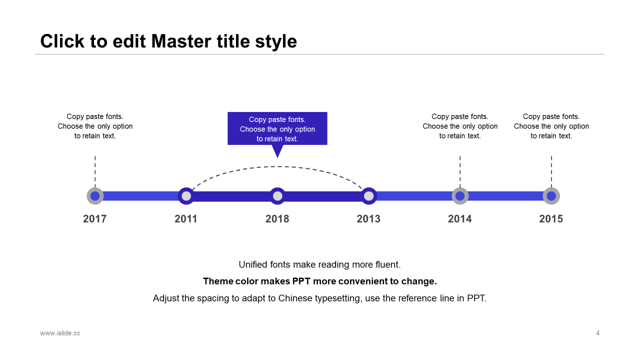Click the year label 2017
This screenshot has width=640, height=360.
click(95, 219)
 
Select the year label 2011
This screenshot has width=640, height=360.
click(186, 219)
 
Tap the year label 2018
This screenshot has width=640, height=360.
click(277, 219)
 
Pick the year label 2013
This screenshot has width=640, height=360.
click(368, 219)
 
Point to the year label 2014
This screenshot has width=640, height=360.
click(459, 219)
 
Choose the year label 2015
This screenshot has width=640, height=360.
click(551, 219)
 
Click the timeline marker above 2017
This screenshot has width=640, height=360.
click(95, 196)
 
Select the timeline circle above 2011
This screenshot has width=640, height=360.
click(186, 196)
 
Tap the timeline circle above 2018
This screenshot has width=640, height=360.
click(277, 196)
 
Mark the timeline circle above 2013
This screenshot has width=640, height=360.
click(369, 196)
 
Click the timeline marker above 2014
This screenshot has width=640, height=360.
click(460, 196)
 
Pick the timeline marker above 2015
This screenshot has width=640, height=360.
click(551, 196)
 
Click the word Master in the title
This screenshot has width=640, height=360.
click(181, 41)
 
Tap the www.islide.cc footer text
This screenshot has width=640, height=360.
click(60, 333)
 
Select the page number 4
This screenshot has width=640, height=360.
click(597, 333)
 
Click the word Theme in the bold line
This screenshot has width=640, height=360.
click(218, 281)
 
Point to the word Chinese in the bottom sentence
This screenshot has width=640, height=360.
click(295, 298)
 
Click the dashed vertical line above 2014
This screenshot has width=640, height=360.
click(460, 171)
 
